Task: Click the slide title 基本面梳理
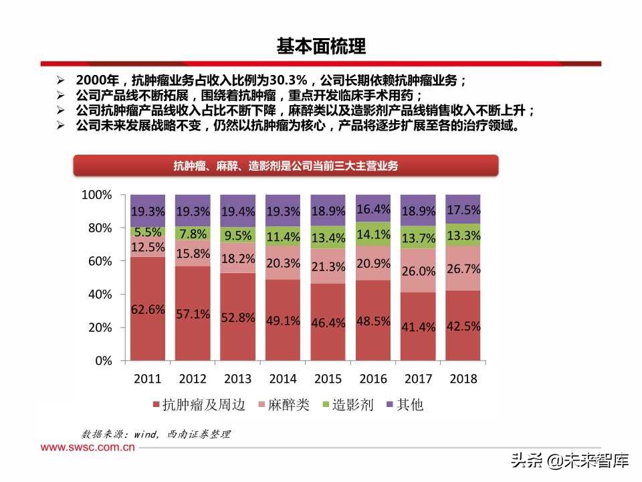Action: click(321, 46)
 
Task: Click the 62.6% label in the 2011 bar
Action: click(147, 309)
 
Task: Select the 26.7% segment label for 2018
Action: click(463, 269)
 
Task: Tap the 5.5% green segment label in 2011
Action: click(147, 232)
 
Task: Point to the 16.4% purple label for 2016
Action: click(372, 209)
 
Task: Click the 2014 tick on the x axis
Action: click(282, 379)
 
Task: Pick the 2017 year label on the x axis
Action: click(418, 379)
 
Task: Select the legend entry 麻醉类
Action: click(288, 405)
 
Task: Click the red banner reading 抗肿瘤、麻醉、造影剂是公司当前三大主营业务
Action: click(286, 166)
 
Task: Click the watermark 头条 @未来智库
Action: click(570, 461)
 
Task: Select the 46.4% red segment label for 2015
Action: click(328, 323)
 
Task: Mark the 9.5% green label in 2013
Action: click(237, 236)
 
